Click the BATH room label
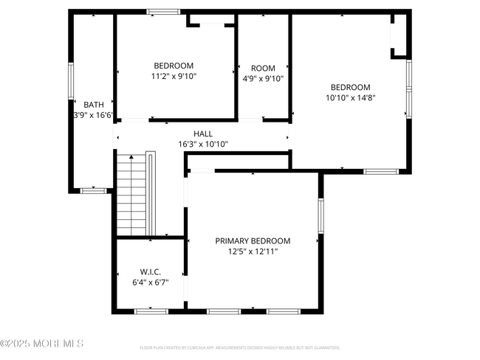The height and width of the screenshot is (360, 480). pyautogui.click(x=93, y=105)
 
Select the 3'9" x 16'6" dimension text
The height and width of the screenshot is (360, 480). pyautogui.click(x=93, y=116)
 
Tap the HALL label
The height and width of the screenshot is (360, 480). pyautogui.click(x=203, y=134)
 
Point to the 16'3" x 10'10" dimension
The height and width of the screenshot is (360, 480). pyautogui.click(x=203, y=145)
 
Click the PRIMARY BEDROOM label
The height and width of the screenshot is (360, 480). pyautogui.click(x=253, y=240)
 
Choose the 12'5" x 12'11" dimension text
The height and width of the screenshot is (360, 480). pyautogui.click(x=253, y=252)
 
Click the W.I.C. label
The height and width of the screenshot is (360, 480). pyautogui.click(x=150, y=271)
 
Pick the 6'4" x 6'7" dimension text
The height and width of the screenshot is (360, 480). pyautogui.click(x=150, y=283)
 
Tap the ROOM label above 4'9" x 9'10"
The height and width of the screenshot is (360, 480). pyautogui.click(x=263, y=68)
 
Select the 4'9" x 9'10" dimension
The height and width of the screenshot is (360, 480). pyautogui.click(x=263, y=79)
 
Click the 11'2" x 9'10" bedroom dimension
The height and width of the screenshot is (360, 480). pyautogui.click(x=174, y=76)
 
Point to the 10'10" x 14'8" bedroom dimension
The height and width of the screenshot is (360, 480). pyautogui.click(x=350, y=97)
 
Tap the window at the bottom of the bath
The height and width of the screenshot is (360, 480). pyautogui.click(x=93, y=190)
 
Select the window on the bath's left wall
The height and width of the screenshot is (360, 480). pyautogui.click(x=71, y=81)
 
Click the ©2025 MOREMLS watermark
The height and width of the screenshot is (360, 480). pyautogui.click(x=42, y=344)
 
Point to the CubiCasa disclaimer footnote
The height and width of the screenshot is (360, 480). pyautogui.click(x=239, y=347)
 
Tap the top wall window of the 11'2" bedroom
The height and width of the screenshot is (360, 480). pyautogui.click(x=162, y=12)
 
